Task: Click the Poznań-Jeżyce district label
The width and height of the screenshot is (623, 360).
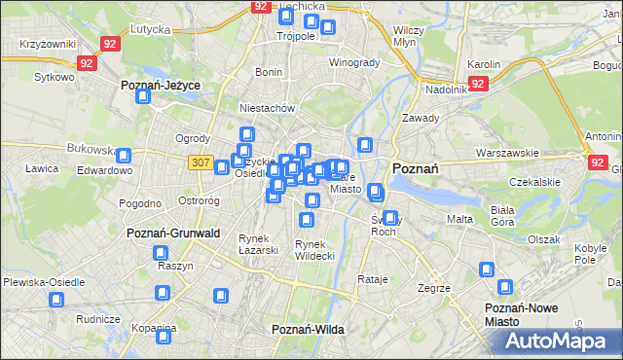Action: [161, 86]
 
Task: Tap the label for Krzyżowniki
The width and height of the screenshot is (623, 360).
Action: [47, 45]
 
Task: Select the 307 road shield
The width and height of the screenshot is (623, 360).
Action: [201, 162]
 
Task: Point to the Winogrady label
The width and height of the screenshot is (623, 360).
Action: [353, 63]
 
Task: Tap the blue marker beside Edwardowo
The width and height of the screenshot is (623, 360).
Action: [125, 154]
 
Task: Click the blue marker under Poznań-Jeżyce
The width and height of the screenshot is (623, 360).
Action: [143, 98]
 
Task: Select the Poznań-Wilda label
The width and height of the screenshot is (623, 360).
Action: [308, 330]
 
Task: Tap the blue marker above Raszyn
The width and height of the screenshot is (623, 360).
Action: [162, 253]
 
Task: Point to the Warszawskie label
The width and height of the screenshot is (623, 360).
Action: [507, 153]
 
